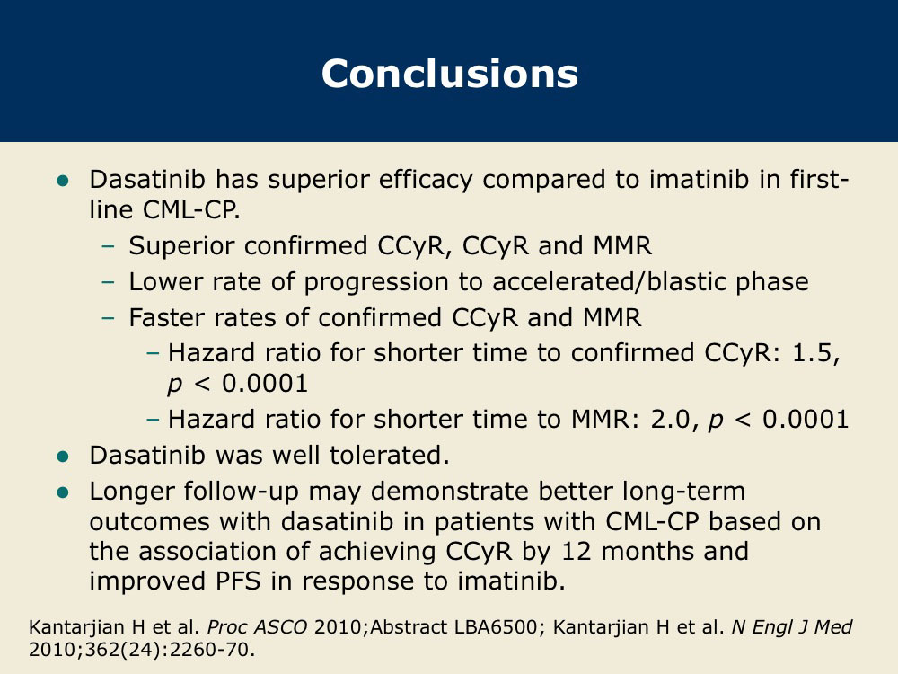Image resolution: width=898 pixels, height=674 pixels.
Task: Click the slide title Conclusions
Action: point(450,74)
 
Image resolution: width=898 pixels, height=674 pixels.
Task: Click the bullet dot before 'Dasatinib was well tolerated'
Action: point(63,457)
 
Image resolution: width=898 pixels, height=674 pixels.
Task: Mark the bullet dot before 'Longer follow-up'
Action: point(63,492)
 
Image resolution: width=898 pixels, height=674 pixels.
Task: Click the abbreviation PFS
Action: point(238,581)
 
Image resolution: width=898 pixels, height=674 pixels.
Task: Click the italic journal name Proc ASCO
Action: point(257,627)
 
